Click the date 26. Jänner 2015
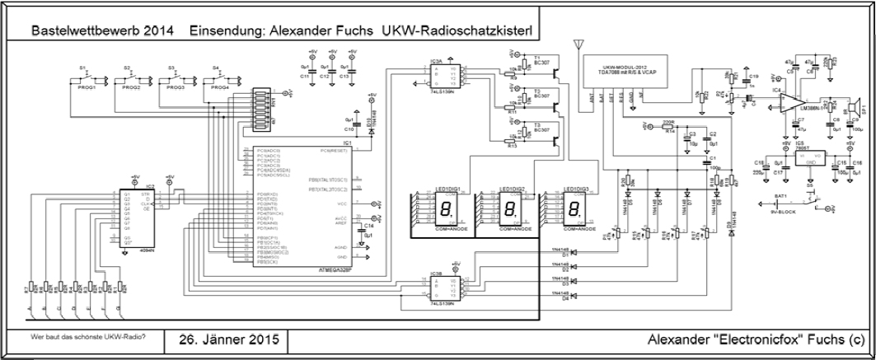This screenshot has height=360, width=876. (223, 339)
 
